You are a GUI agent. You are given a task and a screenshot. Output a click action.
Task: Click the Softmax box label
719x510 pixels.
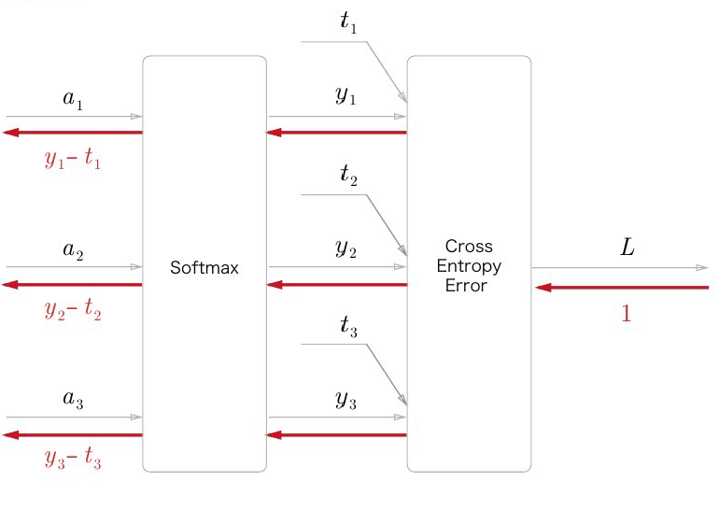[204, 268]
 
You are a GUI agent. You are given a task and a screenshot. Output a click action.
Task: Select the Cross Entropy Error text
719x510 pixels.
[468, 266]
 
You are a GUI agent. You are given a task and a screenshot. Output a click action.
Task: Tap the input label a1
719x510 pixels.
[73, 101]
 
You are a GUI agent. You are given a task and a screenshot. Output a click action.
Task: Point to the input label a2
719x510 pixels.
[73, 250]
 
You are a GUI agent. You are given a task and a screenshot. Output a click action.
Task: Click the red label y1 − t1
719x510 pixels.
[73, 159]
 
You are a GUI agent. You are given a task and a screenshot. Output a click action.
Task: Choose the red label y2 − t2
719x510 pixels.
[73, 310]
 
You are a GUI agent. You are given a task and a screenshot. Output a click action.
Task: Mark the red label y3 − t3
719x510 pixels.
[73, 459]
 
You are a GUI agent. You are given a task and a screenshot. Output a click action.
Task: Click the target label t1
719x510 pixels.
[348, 23]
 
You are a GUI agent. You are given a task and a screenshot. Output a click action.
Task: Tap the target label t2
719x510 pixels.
[348, 175]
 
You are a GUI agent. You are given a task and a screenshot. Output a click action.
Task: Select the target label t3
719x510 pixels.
[348, 326]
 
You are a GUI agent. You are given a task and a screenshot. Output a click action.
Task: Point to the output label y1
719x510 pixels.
[345, 97]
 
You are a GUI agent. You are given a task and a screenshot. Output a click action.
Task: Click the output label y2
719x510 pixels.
[345, 248]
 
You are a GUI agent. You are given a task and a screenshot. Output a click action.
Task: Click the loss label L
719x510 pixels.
[627, 248]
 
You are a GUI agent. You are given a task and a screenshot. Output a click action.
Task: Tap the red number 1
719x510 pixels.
[627, 315]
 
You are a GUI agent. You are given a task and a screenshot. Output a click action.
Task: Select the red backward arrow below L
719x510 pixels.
[622, 288]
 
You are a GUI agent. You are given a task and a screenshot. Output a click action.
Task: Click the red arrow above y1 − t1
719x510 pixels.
[73, 133]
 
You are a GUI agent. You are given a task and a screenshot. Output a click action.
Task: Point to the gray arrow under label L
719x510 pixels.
[620, 268]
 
